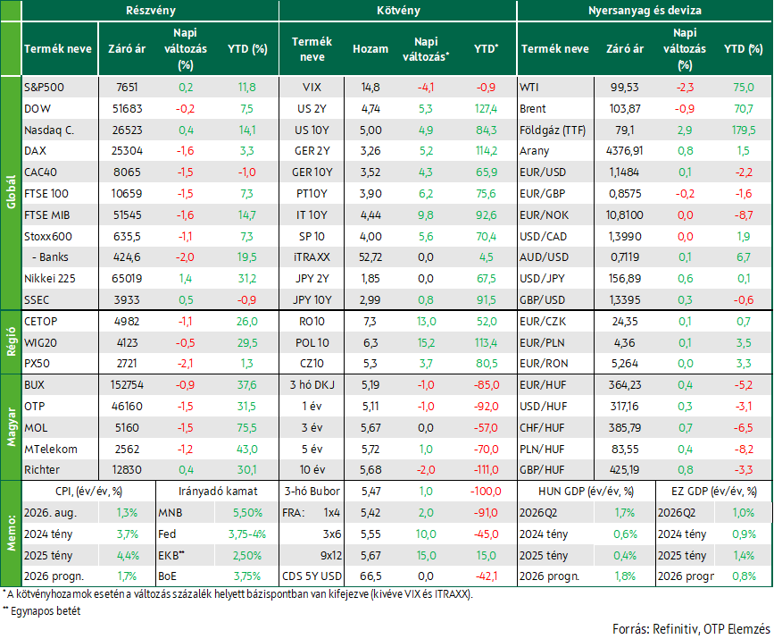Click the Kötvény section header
(398, 11)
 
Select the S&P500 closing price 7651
(127, 88)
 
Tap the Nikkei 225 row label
(50, 279)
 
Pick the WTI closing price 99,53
(624, 88)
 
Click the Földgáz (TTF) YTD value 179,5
(744, 130)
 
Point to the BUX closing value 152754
(127, 385)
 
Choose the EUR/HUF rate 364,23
(624, 385)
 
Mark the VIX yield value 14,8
(370, 88)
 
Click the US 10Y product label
(312, 130)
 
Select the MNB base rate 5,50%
(247, 513)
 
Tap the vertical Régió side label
(12, 342)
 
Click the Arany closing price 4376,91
(624, 151)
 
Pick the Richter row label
(42, 470)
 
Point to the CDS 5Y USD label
(312, 576)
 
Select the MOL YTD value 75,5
(246, 428)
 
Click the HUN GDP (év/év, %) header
(586, 492)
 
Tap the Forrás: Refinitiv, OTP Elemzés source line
(691, 629)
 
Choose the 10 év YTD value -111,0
(487, 470)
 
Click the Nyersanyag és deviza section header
(645, 11)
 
